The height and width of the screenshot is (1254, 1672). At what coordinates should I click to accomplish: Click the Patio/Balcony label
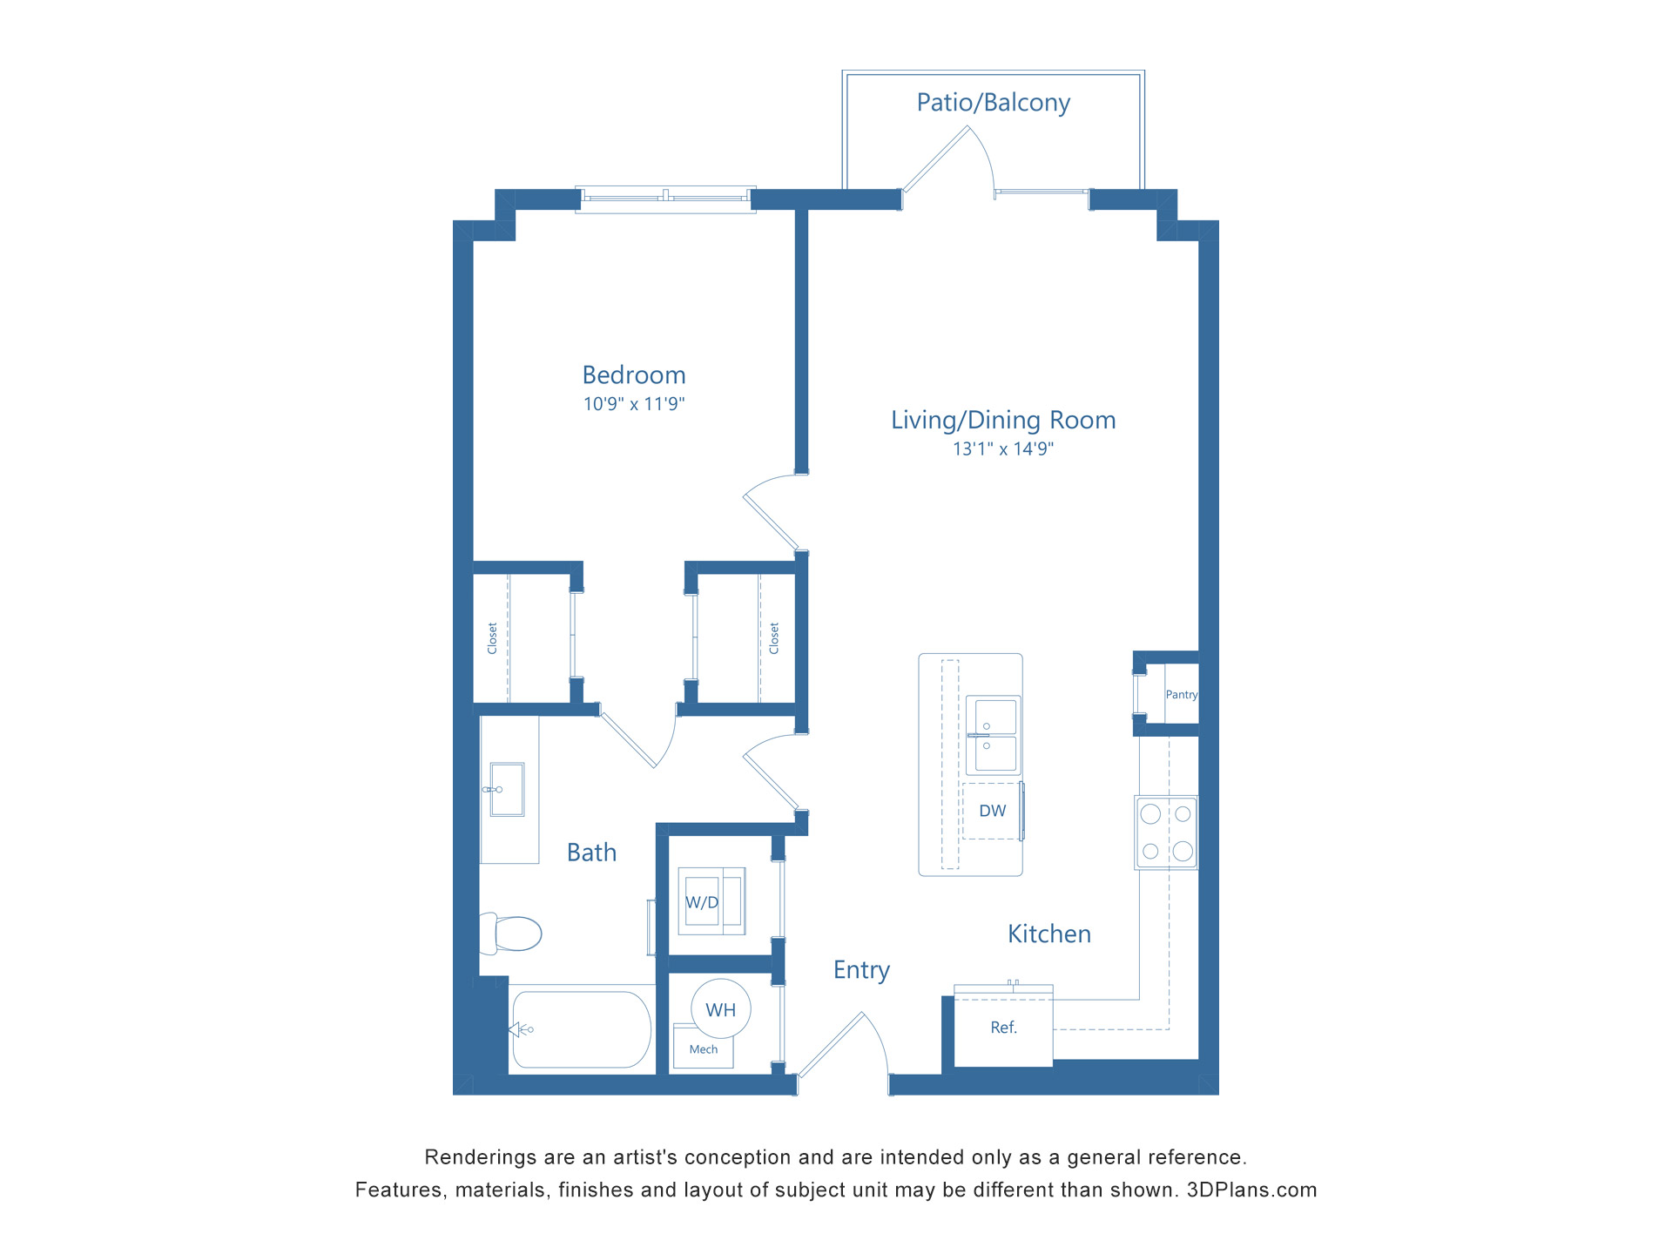tap(993, 103)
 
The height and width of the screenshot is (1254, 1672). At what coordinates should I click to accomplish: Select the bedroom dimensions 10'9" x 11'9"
tap(634, 404)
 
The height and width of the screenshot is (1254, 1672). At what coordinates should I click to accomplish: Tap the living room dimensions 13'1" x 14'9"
tap(1002, 449)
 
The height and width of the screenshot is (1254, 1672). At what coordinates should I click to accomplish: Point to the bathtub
tap(582, 1029)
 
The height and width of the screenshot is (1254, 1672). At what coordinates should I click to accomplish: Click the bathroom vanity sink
tap(507, 789)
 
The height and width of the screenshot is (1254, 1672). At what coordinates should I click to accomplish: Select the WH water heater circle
tap(720, 1009)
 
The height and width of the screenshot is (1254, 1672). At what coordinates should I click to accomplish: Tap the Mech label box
tap(704, 1049)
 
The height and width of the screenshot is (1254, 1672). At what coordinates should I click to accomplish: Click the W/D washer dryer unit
tap(711, 901)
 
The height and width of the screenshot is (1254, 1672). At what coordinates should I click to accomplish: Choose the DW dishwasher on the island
tap(992, 811)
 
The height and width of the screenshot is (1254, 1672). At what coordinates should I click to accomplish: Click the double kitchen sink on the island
tap(993, 735)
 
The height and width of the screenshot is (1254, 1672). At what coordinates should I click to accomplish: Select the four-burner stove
tap(1166, 832)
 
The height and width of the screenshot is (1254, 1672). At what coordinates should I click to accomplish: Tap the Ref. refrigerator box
tap(1003, 1028)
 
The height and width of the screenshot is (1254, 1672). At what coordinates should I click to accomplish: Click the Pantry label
tap(1181, 695)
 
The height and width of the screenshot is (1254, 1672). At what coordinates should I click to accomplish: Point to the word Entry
tap(861, 970)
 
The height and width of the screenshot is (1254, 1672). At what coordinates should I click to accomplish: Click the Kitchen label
tap(1048, 934)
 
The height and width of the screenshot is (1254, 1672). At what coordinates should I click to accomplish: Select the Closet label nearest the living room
tap(773, 638)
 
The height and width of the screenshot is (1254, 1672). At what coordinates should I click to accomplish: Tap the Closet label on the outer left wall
tap(492, 638)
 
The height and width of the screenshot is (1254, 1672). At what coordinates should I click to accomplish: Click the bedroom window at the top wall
tap(665, 199)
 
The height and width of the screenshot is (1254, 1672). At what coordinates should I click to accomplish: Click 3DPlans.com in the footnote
tap(1251, 1190)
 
